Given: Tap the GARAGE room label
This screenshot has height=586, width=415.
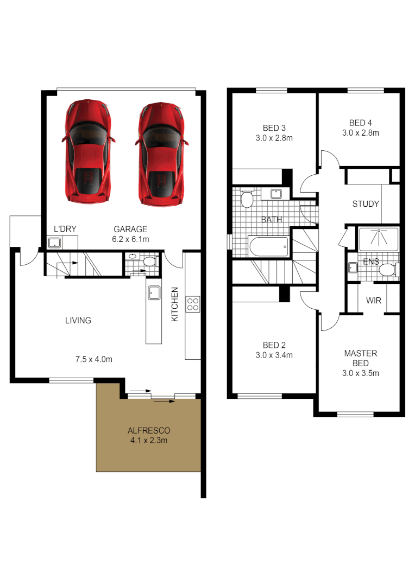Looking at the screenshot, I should tap(130, 229).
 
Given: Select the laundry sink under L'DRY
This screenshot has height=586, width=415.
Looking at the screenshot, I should tap(55, 243).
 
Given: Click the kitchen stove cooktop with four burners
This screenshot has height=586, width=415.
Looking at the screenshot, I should tap(193, 304).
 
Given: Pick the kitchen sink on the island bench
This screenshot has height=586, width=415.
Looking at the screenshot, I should tap(153, 292).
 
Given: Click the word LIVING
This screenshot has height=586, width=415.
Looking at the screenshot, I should tap(78, 321).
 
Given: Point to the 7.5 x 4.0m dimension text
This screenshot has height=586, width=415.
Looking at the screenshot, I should tap(94, 359).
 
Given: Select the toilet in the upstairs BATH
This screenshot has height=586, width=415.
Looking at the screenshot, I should tap(247, 199).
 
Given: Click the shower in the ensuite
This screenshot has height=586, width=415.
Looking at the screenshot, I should tap(378, 239).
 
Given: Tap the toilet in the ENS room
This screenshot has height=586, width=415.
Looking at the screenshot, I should tap(387, 270).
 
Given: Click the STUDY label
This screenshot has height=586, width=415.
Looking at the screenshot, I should tap(364, 204).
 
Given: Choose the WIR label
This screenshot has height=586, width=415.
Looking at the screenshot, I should tap(373, 300).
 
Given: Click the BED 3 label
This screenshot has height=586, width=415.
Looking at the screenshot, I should tap(274, 128).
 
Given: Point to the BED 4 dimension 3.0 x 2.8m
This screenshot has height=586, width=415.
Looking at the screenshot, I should tap(360, 132).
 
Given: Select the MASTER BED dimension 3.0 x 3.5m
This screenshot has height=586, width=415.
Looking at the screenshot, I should tap(360, 373).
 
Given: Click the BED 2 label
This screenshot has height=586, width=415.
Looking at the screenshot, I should tap(274, 345).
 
